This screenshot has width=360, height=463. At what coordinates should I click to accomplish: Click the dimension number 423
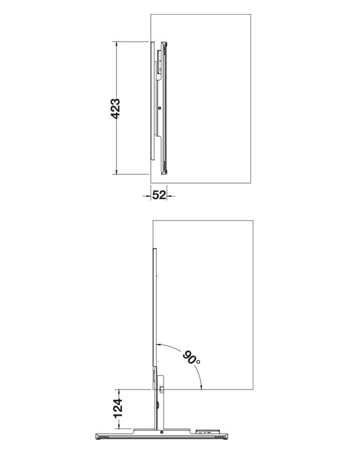click(x=115, y=108)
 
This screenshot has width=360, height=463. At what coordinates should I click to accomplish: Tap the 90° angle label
click(x=190, y=356)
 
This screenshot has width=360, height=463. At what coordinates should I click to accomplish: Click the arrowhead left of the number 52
click(x=148, y=195)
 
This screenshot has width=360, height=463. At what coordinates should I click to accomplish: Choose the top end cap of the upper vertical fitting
click(x=164, y=43)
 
